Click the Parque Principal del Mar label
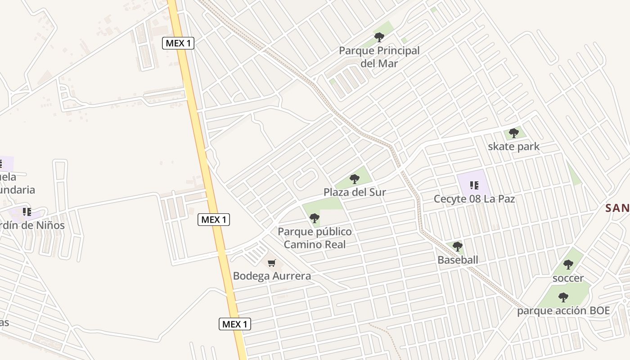(379, 57)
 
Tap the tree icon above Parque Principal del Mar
(379, 37)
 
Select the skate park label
(513, 147)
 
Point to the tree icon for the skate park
(513, 133)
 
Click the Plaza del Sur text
(355, 192)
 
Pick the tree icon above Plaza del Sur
(355, 179)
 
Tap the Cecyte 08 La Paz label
(474, 198)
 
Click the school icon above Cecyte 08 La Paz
(473, 185)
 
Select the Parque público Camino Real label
(315, 238)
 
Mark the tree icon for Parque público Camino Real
(315, 219)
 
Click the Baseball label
(458, 260)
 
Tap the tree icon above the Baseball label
(458, 247)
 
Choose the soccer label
(568, 278)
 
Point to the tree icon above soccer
(568, 265)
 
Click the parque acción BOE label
(563, 311)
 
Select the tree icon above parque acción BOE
(563, 297)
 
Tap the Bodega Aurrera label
(272, 276)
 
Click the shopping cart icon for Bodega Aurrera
(271, 263)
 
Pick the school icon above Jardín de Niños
(27, 211)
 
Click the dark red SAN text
(617, 208)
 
